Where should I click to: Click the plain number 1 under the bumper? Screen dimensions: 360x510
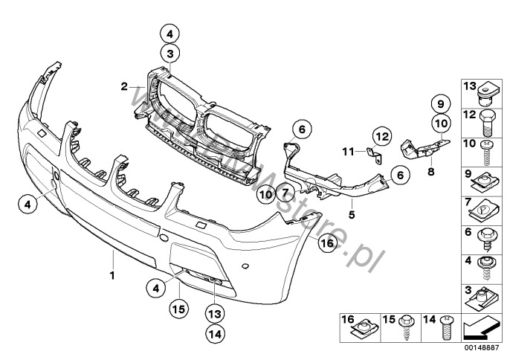[112, 276]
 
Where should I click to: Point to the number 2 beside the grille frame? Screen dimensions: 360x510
[125, 87]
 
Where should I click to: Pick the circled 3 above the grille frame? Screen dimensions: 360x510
[170, 54]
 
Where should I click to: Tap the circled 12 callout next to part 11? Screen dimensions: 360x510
[381, 136]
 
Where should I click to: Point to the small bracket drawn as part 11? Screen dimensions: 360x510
[375, 155]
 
